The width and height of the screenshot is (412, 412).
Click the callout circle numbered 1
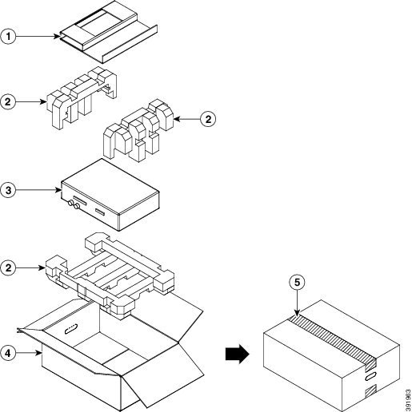point(8,37)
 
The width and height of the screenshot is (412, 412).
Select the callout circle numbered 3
point(8,190)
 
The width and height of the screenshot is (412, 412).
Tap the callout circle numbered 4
point(8,353)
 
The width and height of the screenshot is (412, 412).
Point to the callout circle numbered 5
point(297,283)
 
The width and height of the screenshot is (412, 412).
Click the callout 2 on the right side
point(208,119)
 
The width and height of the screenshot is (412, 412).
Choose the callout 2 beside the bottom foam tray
point(8,267)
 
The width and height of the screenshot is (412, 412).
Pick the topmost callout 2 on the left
point(8,101)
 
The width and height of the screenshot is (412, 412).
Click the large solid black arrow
point(238,355)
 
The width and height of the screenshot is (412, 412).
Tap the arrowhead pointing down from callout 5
point(297,313)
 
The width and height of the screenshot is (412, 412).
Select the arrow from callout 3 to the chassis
point(38,190)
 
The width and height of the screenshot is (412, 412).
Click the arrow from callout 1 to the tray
point(38,37)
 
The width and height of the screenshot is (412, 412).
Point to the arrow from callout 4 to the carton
point(29,353)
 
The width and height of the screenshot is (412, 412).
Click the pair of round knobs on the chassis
point(74,204)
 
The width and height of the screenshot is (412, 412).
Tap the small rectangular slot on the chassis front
point(100,212)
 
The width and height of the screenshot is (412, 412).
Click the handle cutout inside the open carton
point(71,329)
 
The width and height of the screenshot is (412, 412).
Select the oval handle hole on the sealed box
point(370,377)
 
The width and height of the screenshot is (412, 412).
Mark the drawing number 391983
point(408,400)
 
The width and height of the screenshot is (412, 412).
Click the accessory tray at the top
point(109,32)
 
